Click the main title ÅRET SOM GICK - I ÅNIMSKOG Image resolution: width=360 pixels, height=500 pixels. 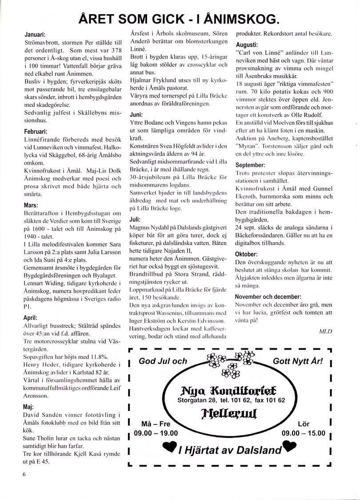tap(179, 18)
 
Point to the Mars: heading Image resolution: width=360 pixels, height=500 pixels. tap(32, 205)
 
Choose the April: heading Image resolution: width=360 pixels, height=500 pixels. tap(31, 318)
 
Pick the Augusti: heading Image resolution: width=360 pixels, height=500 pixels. tap(247, 45)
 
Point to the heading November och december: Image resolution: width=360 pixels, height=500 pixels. tap(268, 297)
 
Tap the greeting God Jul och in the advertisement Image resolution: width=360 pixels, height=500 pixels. tap(163, 361)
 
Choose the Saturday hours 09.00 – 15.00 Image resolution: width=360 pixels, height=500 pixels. tap(304, 433)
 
